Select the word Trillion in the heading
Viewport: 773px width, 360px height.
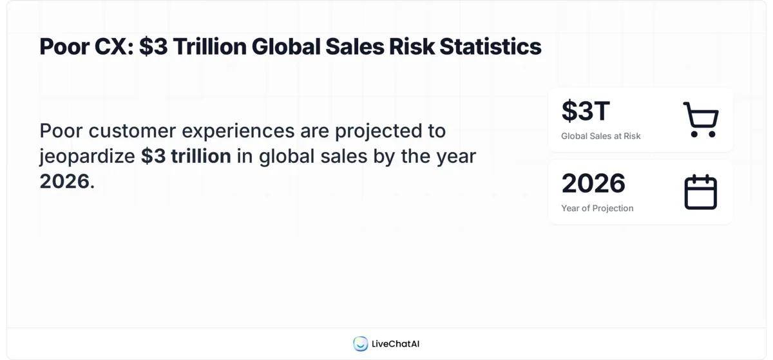click(207, 47)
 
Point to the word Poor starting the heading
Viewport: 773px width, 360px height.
click(63, 47)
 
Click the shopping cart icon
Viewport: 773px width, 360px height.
click(700, 120)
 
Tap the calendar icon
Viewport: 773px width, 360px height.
click(700, 192)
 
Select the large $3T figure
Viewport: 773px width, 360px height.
click(585, 111)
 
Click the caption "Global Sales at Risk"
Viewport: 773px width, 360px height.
click(600, 136)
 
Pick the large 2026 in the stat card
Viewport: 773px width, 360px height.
click(593, 184)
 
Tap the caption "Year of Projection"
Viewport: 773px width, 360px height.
click(597, 208)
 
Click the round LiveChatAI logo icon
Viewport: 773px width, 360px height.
click(360, 344)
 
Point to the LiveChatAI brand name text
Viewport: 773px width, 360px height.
click(395, 344)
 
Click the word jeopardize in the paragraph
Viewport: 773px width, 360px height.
click(88, 156)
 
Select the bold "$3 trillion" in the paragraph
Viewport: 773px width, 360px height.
click(186, 156)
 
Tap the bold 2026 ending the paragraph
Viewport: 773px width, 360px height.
click(64, 181)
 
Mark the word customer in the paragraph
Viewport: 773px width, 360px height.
click(132, 131)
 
